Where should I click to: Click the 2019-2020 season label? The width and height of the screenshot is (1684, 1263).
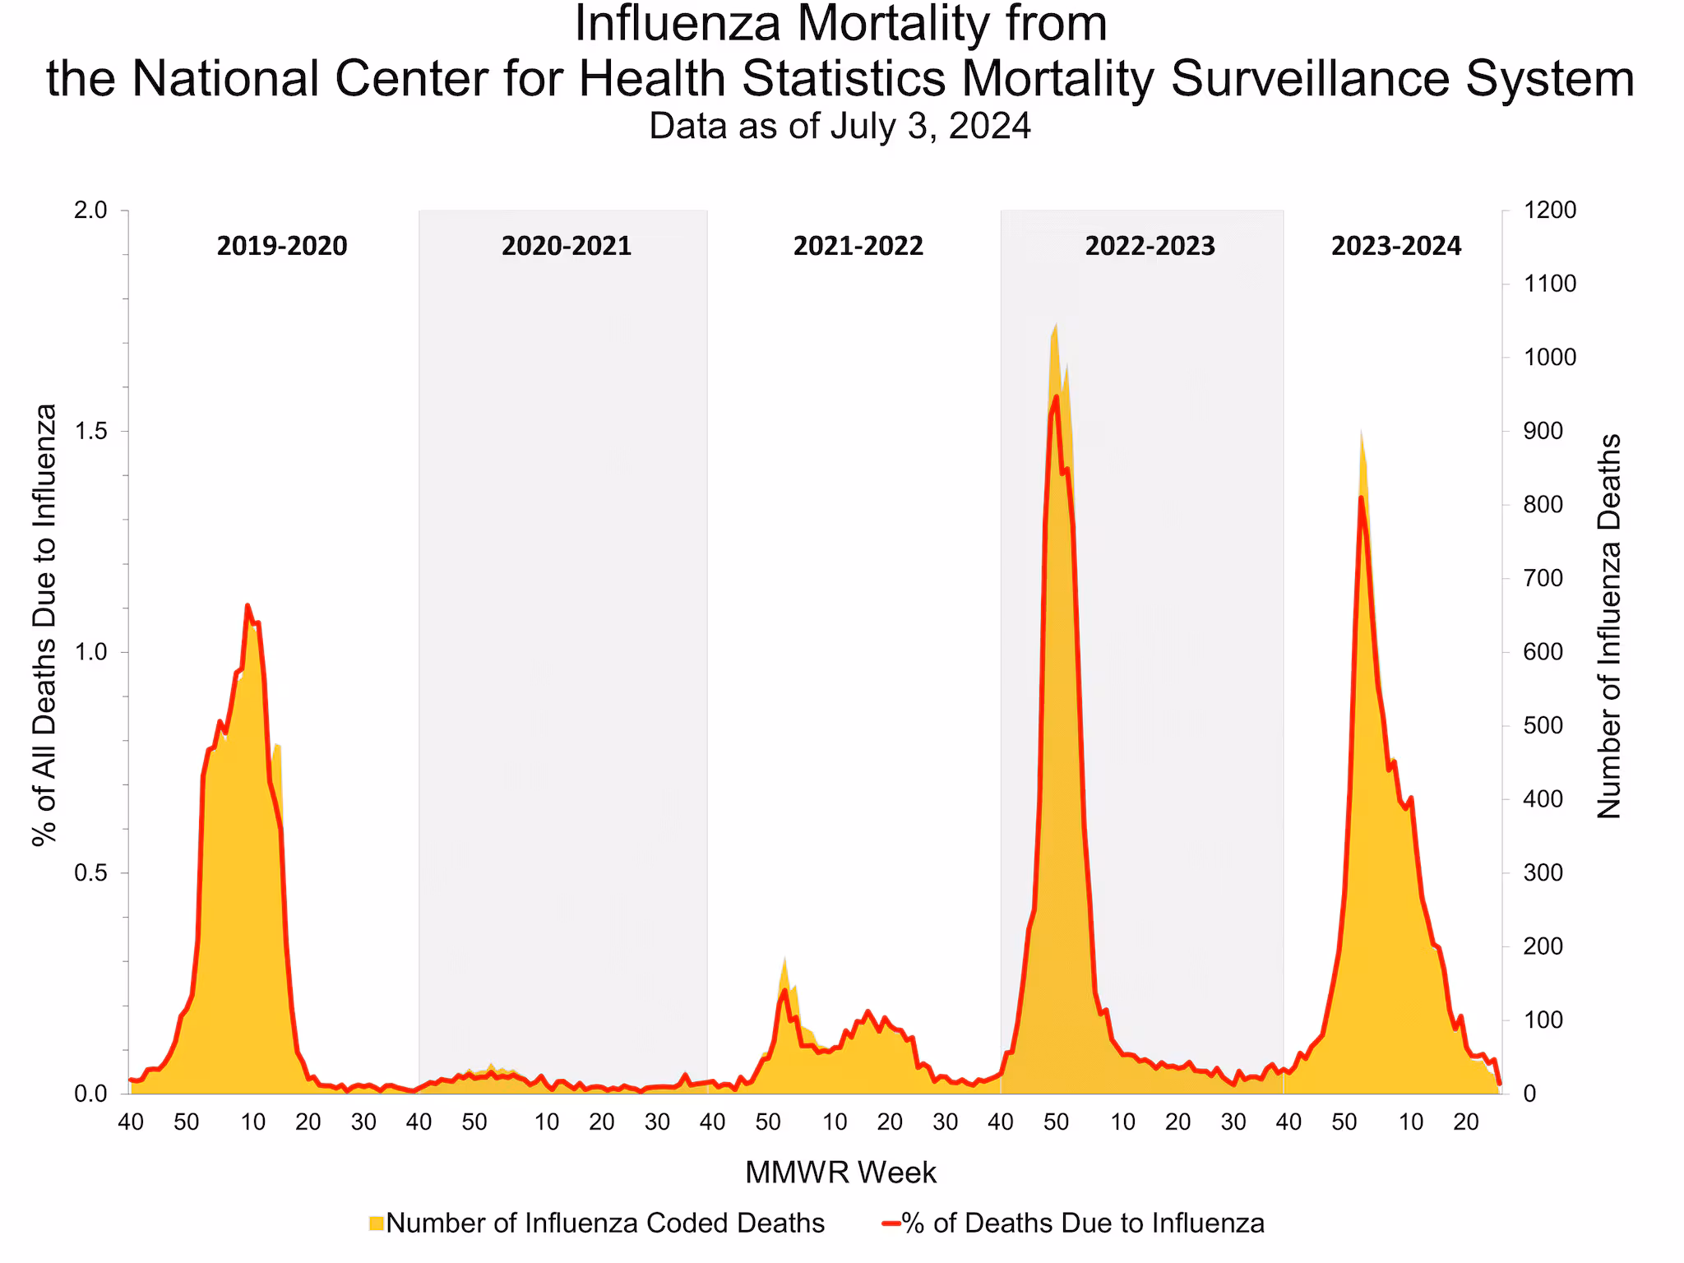pos(282,246)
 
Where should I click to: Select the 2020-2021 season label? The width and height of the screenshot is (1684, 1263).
pos(567,246)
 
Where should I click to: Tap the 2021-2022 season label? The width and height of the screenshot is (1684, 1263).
pos(858,246)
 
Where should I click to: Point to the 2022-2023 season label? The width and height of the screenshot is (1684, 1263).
pos(1150,246)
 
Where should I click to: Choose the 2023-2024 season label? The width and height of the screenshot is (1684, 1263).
pos(1396,246)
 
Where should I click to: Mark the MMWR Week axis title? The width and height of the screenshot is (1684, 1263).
pos(840,1173)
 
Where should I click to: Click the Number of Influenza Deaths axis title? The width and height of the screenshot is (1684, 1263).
pos(1608,626)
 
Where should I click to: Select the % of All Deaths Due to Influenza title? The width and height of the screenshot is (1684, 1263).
pos(44,625)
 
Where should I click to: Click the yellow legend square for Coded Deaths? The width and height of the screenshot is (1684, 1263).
pos(377,1223)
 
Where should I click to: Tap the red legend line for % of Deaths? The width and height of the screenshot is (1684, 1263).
pos(891,1223)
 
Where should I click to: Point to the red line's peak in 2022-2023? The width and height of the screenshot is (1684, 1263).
pos(1056,397)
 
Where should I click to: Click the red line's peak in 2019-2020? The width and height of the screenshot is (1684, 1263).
pos(248,606)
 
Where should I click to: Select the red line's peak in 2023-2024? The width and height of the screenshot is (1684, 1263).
pos(1361,497)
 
